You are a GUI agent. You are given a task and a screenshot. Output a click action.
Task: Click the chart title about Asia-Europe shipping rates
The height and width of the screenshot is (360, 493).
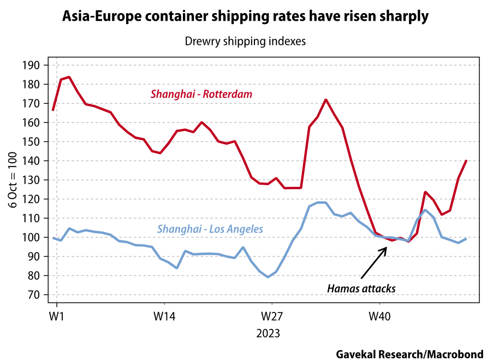point(245,17)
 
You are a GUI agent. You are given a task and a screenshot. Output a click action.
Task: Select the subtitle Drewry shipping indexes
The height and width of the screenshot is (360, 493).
point(245,42)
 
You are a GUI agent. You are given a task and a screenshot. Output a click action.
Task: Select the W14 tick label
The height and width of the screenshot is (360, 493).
point(164,316)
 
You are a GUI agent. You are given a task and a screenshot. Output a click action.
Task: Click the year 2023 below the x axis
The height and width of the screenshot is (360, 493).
point(268,333)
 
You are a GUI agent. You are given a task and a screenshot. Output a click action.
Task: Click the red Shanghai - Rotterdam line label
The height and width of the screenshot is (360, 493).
point(201,95)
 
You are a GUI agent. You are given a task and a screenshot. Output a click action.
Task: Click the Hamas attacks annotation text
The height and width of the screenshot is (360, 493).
point(361,288)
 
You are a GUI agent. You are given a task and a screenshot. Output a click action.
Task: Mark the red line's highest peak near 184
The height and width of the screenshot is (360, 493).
point(69,77)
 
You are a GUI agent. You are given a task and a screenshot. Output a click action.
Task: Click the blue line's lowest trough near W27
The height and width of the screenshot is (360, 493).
point(268,277)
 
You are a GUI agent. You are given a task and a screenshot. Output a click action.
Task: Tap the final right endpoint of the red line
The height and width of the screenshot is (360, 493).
point(467,161)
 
